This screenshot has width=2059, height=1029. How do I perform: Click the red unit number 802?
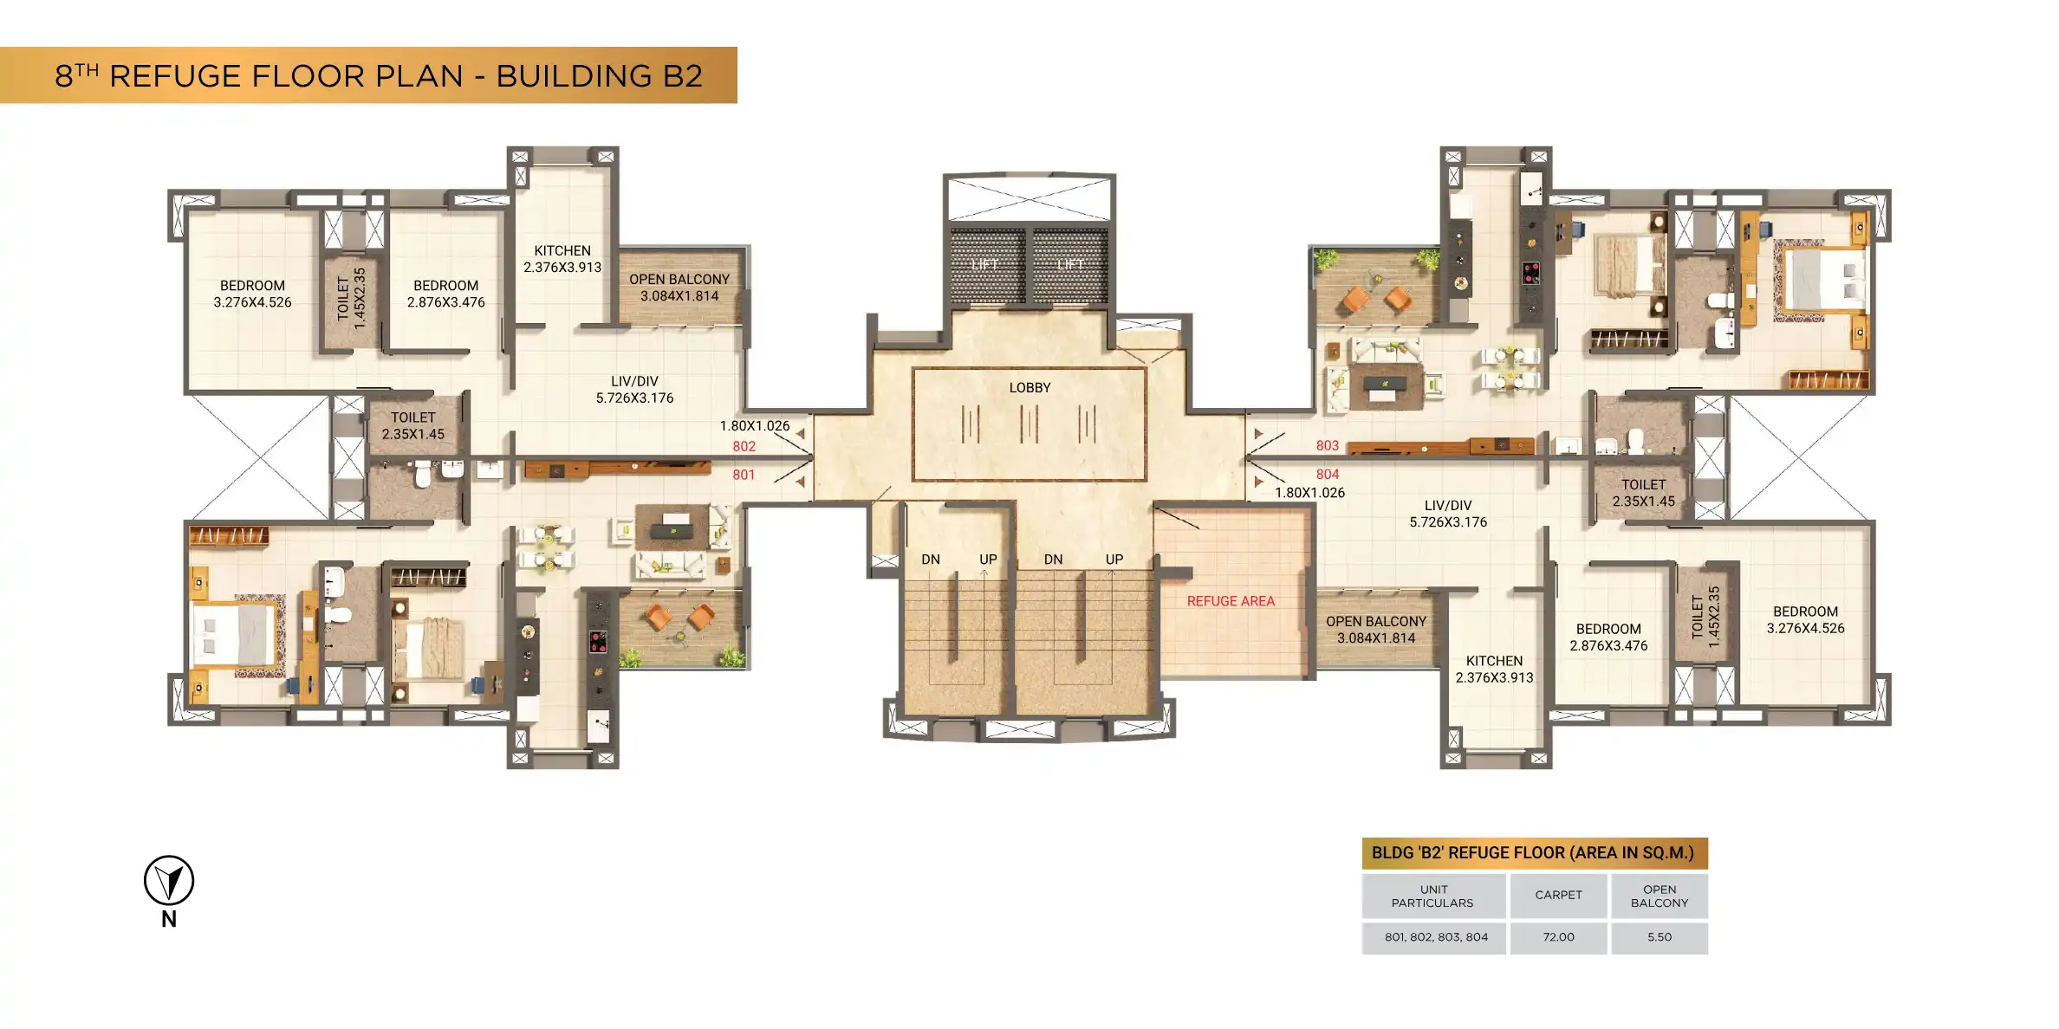[x=744, y=447]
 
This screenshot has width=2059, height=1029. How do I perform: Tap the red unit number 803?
[x=1328, y=446]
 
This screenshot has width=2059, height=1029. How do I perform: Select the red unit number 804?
[x=1328, y=475]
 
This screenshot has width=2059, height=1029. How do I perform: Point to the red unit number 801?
[x=744, y=476]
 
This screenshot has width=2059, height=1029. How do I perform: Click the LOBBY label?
[x=1029, y=388]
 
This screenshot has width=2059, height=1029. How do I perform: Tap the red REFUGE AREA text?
[x=1231, y=601]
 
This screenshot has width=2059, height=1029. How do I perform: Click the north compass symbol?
[x=169, y=881]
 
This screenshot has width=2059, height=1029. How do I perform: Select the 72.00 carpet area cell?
[x=1558, y=937]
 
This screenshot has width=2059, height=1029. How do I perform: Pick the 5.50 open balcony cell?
[x=1660, y=937]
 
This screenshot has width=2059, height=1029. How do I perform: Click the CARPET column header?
[x=1558, y=896]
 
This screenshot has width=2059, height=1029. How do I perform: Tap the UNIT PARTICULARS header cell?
[x=1433, y=896]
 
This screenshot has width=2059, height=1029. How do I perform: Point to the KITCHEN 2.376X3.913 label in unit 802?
[x=562, y=259]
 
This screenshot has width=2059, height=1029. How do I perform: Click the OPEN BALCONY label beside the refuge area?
[x=1376, y=630]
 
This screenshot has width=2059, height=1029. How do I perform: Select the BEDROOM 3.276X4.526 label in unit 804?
[x=1806, y=620]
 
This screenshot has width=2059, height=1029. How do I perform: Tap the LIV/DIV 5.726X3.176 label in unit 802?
[x=634, y=390]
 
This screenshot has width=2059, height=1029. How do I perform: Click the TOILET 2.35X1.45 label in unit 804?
[x=1644, y=493]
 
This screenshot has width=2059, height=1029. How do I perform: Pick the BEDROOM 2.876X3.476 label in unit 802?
[x=446, y=294]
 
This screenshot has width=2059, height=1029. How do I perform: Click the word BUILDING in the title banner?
[x=574, y=76]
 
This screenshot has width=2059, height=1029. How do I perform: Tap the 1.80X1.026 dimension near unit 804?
[x=1310, y=493]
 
